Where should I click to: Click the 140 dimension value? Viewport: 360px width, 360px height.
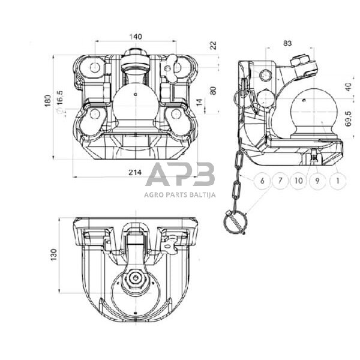pos(136,37)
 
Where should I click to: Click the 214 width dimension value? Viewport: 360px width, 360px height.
pos(135,172)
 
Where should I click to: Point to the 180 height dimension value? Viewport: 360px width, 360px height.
pos(48,100)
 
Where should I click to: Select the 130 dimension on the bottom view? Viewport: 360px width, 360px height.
pos(53,254)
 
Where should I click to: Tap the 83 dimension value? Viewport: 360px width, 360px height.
pos(287,43)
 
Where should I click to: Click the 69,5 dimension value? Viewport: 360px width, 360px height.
pos(348,119)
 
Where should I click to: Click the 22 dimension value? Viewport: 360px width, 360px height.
pos(213,45)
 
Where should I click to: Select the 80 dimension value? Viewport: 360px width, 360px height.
pos(213,91)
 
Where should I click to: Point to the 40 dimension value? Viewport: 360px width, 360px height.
pos(348,87)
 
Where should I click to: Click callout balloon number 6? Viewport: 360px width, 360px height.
pos(262,181)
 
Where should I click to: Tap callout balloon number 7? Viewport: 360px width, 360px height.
pos(280,181)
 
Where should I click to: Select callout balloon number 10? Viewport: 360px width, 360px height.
pos(298,181)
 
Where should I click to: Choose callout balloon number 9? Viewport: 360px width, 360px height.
pos(317,181)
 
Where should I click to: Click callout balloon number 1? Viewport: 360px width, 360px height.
pos(337,181)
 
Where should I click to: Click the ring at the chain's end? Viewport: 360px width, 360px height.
pos(235,223)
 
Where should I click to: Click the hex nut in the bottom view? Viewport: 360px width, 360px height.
pos(136,278)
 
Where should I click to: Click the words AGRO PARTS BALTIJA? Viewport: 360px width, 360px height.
pos(180,195)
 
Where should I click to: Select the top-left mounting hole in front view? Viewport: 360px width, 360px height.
pos(94,67)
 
